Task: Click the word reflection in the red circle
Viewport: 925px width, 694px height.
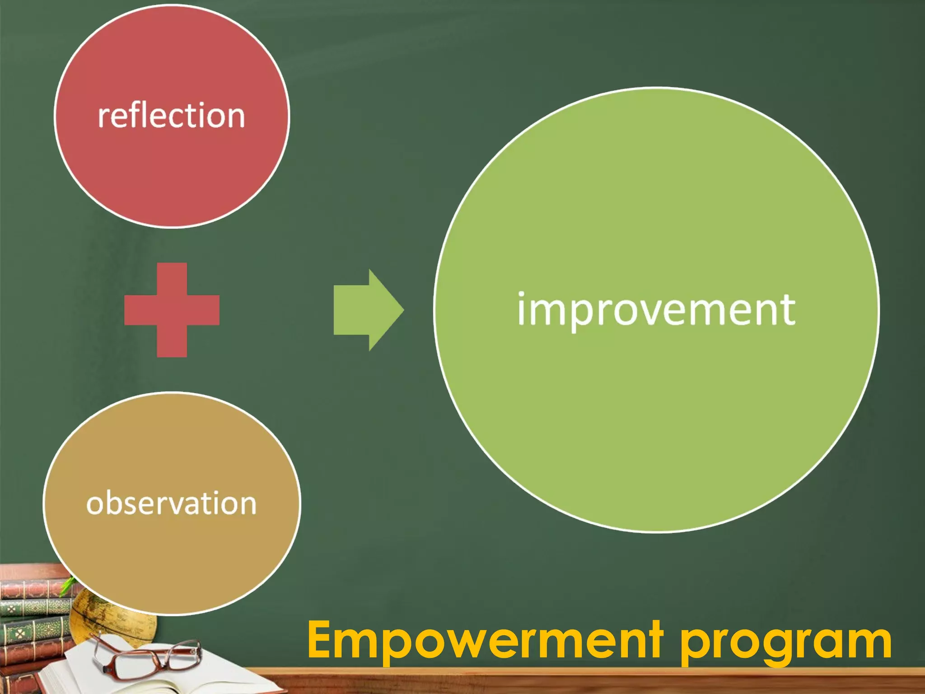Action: pos(171,116)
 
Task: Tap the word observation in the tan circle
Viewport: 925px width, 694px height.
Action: pos(171,503)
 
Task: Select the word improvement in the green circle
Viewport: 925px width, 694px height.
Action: pos(656,310)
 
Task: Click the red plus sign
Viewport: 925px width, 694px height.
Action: pos(172,310)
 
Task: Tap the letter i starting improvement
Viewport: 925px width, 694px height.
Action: pos(522,309)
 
